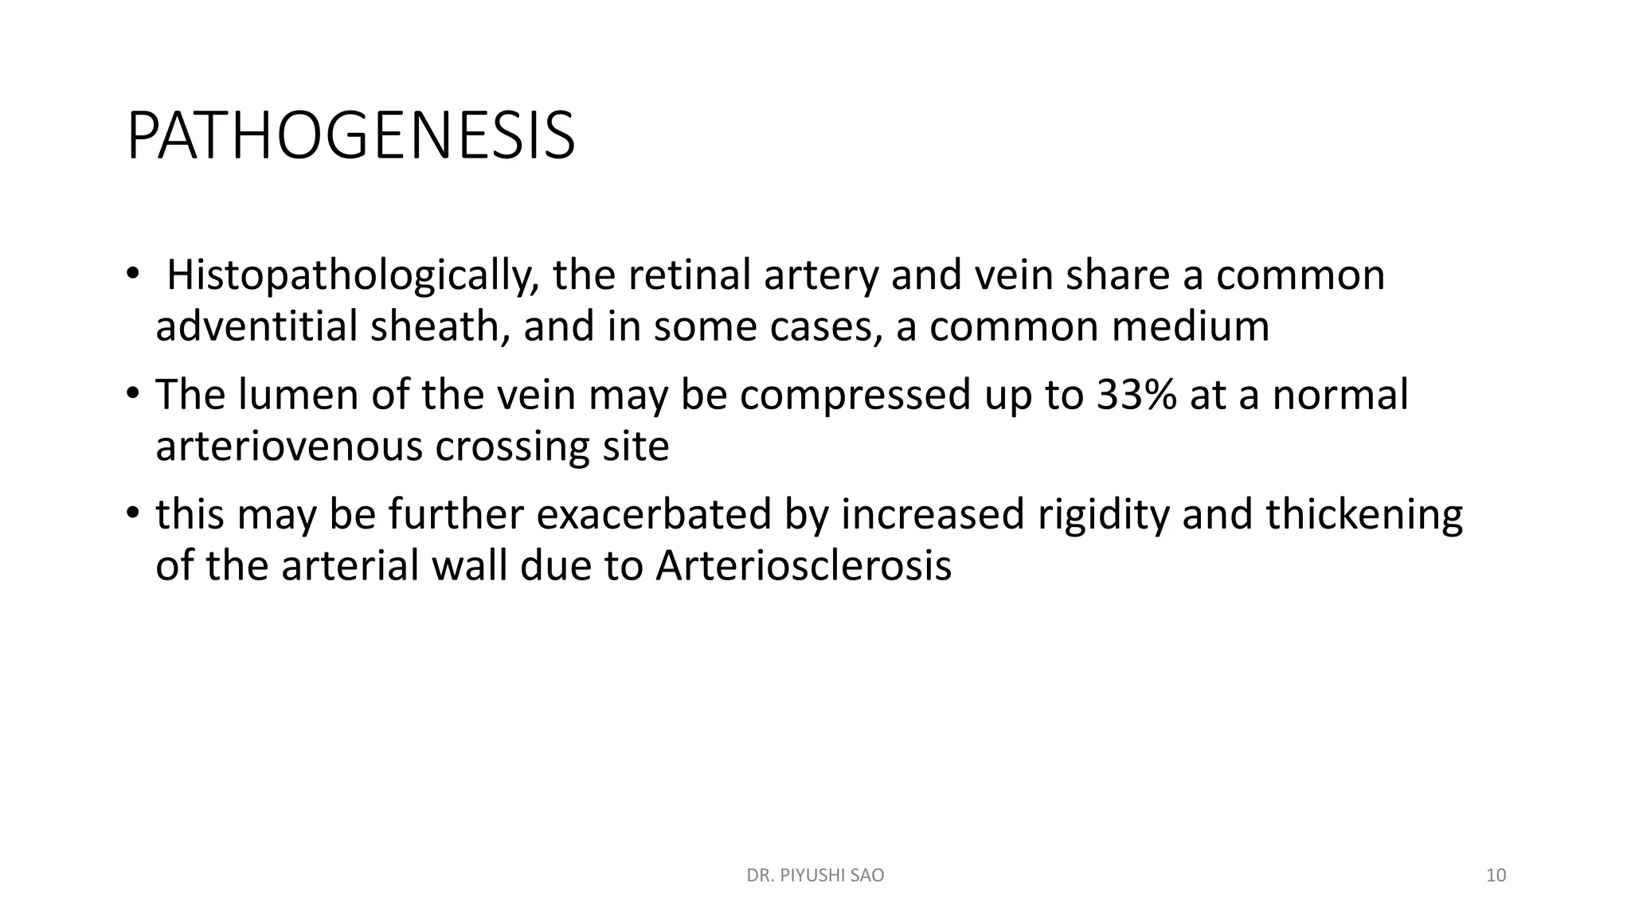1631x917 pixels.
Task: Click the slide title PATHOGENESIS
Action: point(350,137)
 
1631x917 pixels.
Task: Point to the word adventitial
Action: point(256,326)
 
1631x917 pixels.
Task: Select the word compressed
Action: point(855,395)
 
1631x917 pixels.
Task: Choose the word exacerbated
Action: point(654,514)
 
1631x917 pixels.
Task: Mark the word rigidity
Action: point(1104,514)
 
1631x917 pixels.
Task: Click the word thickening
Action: point(1363,514)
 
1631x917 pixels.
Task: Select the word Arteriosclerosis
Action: point(804,566)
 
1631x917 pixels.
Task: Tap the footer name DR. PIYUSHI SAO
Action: point(815,876)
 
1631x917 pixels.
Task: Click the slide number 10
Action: point(1496,876)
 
